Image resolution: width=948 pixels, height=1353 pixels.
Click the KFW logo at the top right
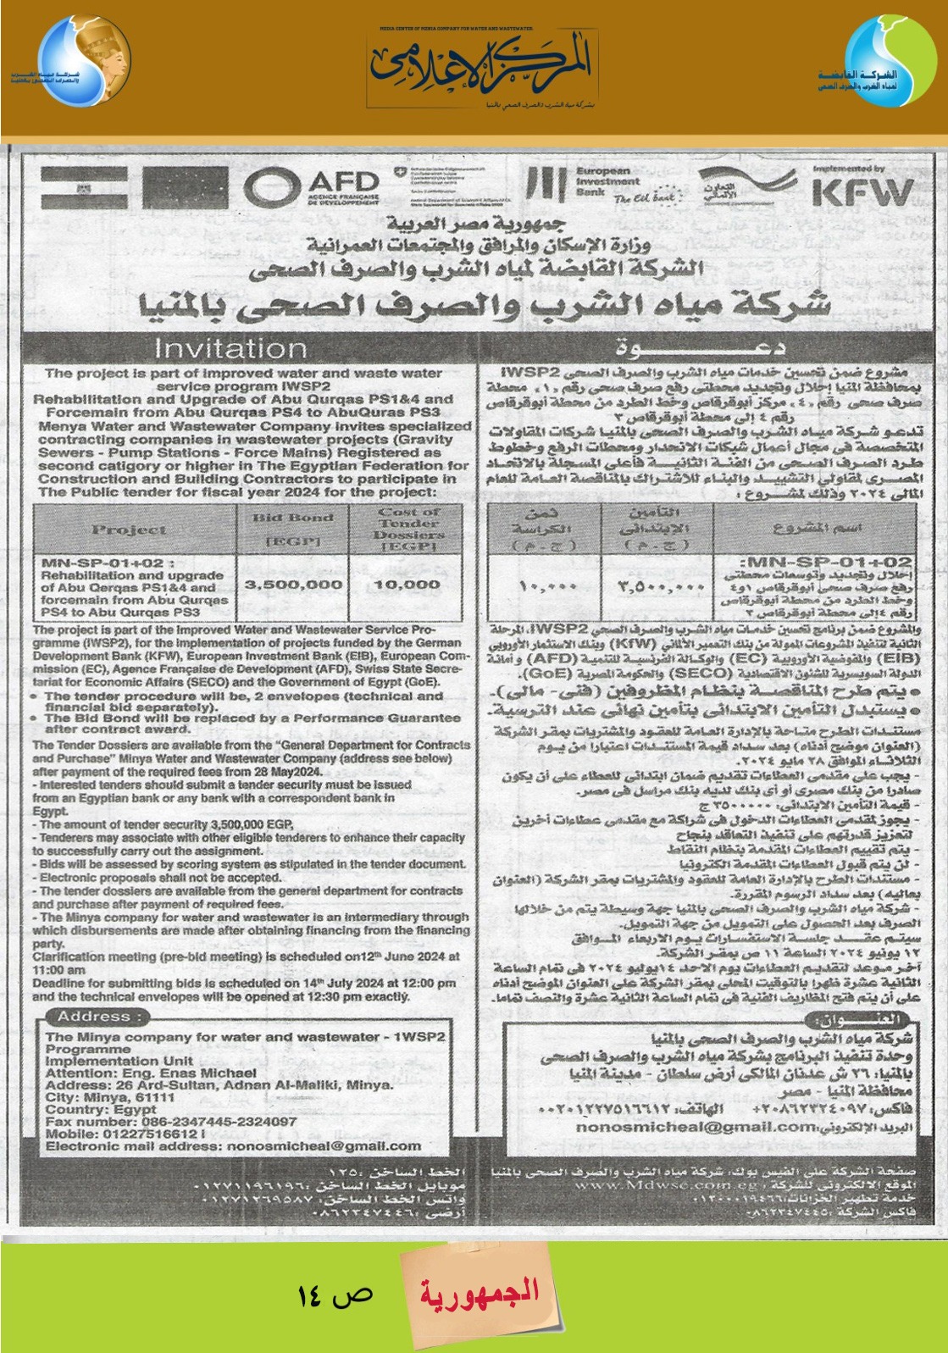click(x=862, y=192)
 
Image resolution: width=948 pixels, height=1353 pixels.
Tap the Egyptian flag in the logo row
click(x=84, y=187)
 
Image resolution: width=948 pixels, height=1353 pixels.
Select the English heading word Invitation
click(x=230, y=348)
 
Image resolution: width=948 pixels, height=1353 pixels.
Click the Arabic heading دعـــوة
click(x=699, y=347)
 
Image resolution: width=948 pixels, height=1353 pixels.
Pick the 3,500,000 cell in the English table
click(x=293, y=585)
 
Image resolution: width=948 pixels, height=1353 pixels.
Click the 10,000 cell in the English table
click(x=407, y=585)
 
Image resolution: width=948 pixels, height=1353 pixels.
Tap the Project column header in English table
click(x=129, y=530)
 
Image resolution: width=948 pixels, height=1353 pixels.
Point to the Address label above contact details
click(x=94, y=1017)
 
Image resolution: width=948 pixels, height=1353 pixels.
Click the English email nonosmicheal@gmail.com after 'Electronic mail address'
click(x=324, y=1145)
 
